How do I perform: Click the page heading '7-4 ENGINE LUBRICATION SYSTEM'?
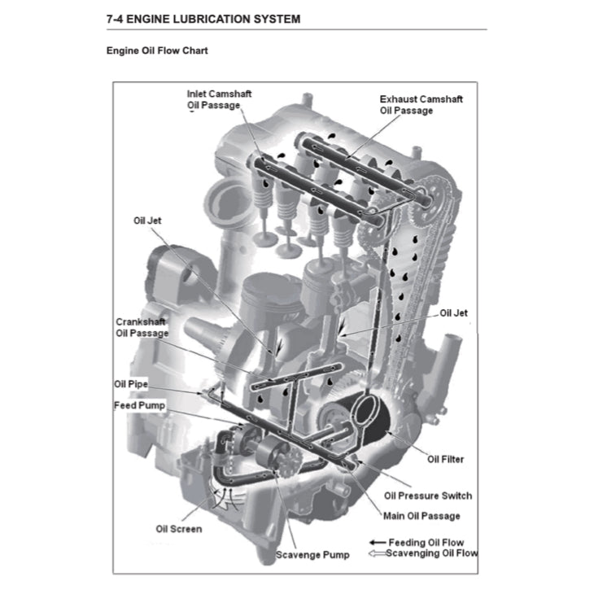pos(203,19)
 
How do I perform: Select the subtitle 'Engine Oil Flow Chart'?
pos(157,50)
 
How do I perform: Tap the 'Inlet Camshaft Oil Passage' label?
pos(219,99)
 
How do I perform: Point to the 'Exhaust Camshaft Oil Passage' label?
pos(421,104)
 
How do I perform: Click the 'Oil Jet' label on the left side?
pos(148,221)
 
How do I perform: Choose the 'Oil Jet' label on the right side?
pos(453,313)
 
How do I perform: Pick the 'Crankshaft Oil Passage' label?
pos(142,327)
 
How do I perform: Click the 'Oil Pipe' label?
pos(130,384)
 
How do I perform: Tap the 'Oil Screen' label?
pos(178,529)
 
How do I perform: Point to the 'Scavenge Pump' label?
pos(312,555)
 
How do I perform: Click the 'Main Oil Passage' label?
pos(421,515)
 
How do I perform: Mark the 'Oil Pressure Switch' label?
pos(427,496)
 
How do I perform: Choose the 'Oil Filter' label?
pos(445,459)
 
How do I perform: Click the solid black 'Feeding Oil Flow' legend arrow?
pos(377,542)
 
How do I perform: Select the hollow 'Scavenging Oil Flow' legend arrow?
pos(377,553)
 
